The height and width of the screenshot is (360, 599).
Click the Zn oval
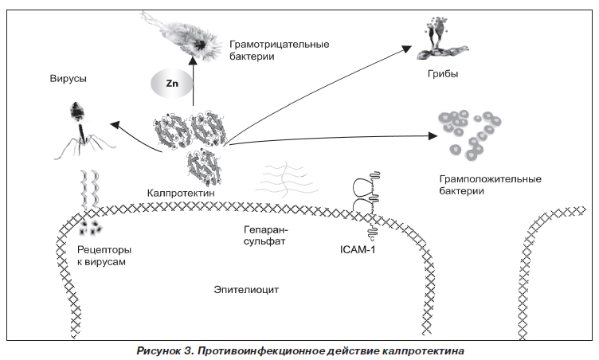[x=171, y=82]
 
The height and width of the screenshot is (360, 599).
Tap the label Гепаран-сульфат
[x=265, y=233]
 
